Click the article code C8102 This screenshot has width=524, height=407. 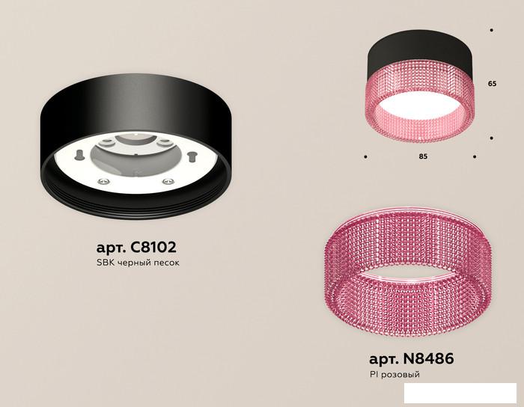pyautogui.click(x=153, y=248)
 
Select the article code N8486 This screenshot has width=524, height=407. pyautogui.click(x=429, y=359)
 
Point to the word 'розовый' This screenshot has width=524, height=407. pyautogui.click(x=400, y=375)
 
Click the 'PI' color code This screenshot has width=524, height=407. pyautogui.click(x=374, y=374)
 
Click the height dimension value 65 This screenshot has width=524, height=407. pyautogui.click(x=492, y=84)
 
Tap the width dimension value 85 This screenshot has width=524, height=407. pyautogui.click(x=423, y=156)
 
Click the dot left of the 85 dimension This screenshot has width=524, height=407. pyautogui.click(x=365, y=156)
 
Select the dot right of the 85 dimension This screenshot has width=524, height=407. pyautogui.click(x=475, y=156)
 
